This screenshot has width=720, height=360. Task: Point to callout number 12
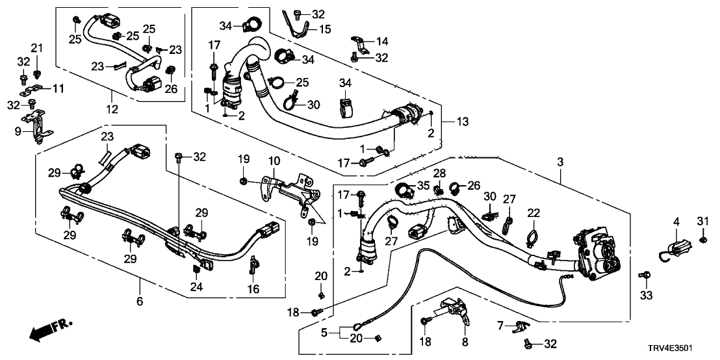pyautogui.click(x=112, y=110)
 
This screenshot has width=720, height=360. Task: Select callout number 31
pyautogui.click(x=702, y=222)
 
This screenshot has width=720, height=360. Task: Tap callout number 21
pyautogui.click(x=36, y=48)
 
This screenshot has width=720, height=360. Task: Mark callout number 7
pyautogui.click(x=500, y=324)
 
